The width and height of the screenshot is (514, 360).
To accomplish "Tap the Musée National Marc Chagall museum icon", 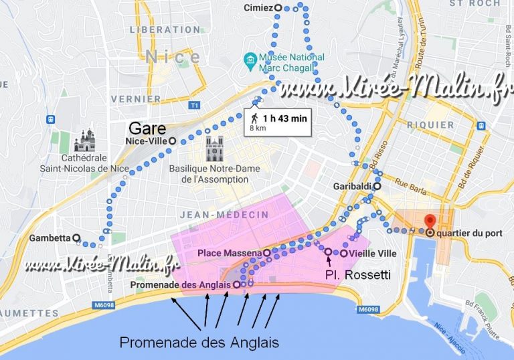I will click(250, 62).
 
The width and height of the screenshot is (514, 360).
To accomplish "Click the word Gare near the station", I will click(143, 127).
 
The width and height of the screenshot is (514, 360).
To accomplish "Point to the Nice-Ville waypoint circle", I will click(172, 141).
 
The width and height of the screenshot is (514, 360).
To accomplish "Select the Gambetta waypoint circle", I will click(76, 238).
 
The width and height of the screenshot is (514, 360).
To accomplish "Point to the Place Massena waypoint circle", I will click(266, 254).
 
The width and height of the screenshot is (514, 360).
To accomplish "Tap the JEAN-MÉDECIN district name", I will click(224, 214).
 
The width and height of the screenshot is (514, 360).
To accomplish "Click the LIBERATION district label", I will click(165, 29).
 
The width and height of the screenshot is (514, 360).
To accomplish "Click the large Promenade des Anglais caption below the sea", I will click(199, 343).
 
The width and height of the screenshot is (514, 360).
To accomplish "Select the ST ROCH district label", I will click(475, 4).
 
